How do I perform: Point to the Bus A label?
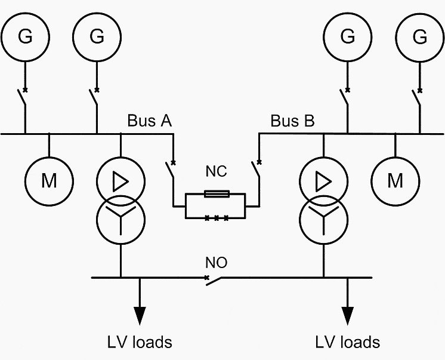click(x=150, y=121)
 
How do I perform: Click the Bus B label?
click(x=293, y=121)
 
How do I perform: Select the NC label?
click(x=217, y=171)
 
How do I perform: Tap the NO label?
click(x=217, y=263)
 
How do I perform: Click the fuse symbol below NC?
click(x=217, y=194)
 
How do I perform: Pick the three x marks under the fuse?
click(x=217, y=218)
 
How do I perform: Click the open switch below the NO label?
click(x=213, y=281)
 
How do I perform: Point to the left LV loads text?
click(x=140, y=342)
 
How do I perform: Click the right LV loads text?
click(x=348, y=342)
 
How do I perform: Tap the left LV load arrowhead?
click(x=140, y=316)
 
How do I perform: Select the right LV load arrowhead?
click(x=347, y=316)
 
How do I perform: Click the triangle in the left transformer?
click(x=120, y=181)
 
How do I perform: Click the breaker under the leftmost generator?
click(x=22, y=97)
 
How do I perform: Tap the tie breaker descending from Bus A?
click(x=170, y=170)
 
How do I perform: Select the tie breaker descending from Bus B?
click(x=256, y=169)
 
